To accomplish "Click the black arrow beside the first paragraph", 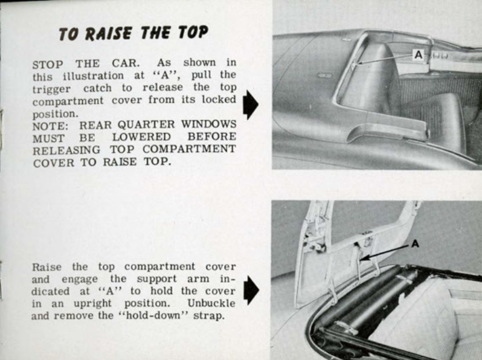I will [250, 106].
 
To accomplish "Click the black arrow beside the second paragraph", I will [250, 291].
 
